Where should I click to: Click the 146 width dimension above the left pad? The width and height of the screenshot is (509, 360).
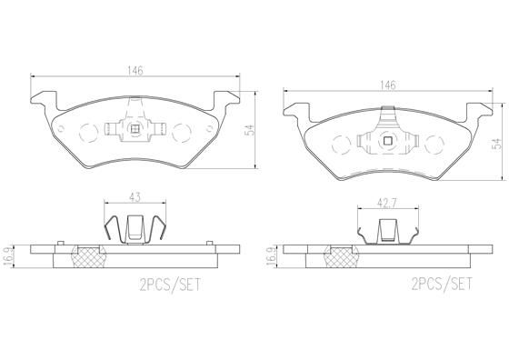point(135,71)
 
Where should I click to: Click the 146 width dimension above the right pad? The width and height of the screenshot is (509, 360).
point(388,85)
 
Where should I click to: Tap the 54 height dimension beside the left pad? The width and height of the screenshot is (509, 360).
point(249,130)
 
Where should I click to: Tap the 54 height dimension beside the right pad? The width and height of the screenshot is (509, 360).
point(496,144)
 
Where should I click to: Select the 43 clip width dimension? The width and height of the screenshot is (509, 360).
point(135,197)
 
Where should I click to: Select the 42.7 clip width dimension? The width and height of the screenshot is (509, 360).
point(387,203)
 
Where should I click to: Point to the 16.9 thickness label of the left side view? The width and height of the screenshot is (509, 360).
point(8,256)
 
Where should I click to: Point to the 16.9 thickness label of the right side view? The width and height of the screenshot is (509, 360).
point(271,256)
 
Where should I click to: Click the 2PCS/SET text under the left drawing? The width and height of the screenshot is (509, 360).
point(170,285)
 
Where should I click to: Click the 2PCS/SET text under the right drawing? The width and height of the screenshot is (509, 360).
point(442,284)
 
